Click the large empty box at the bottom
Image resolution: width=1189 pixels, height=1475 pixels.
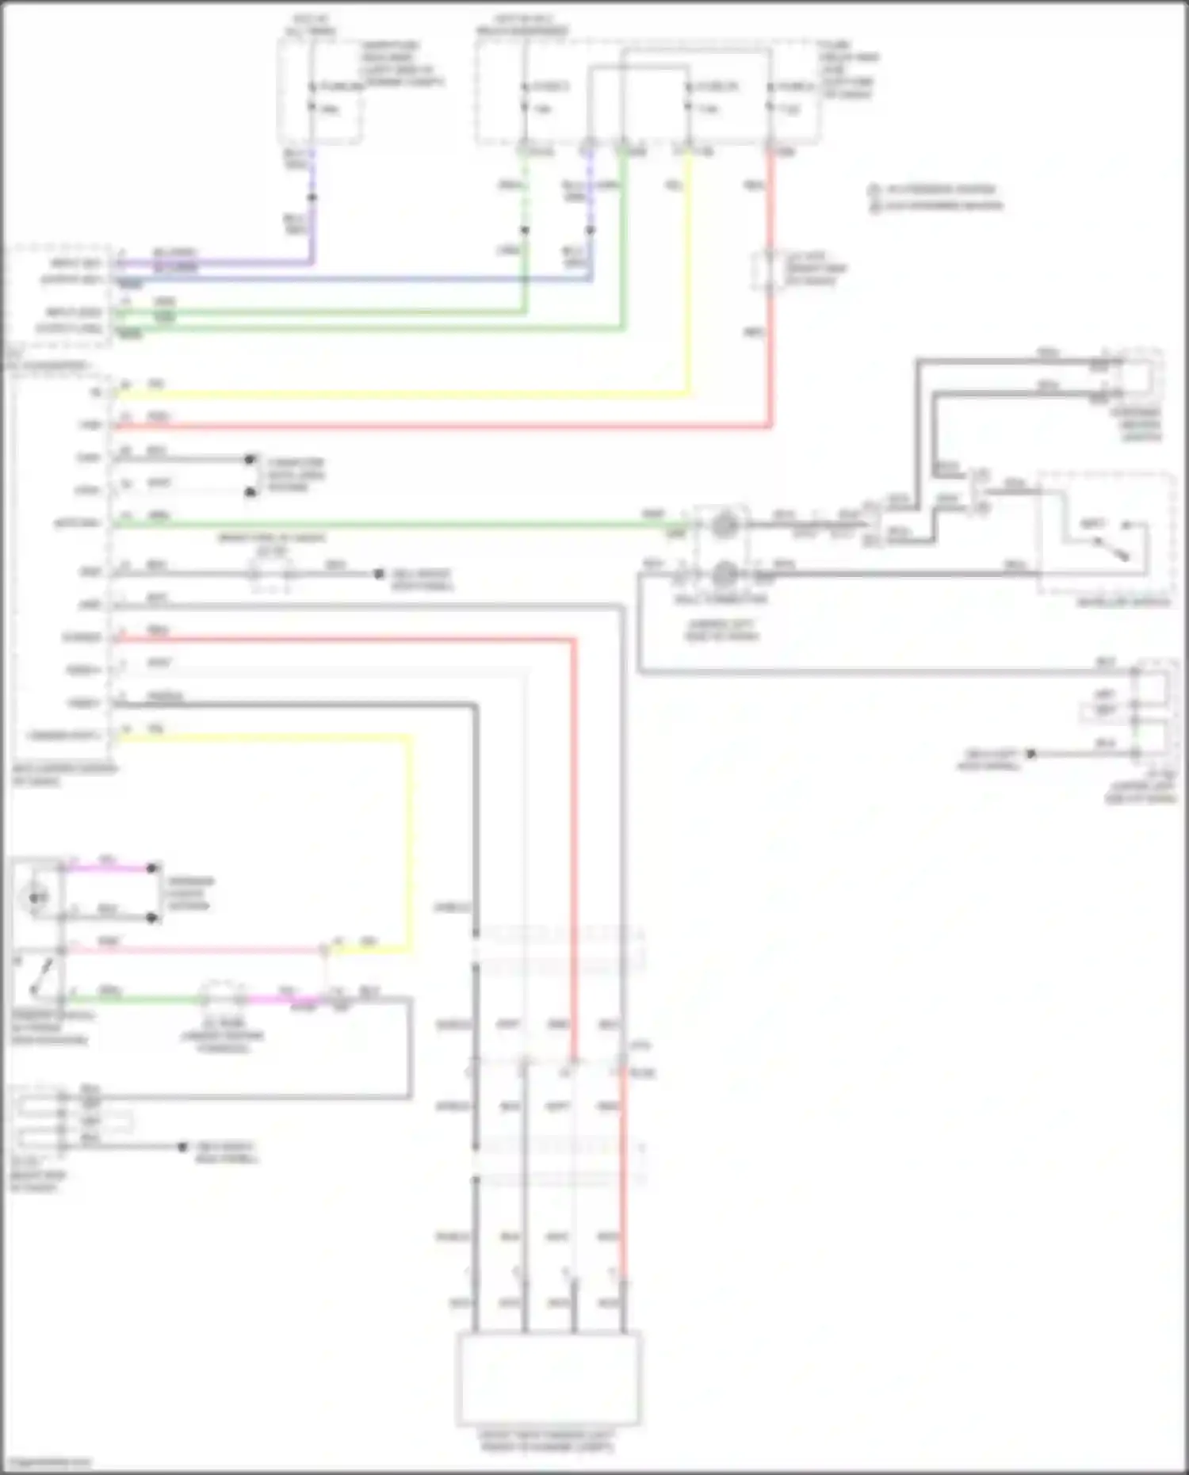pos(549,1379)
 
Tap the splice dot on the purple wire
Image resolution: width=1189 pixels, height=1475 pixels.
pos(312,197)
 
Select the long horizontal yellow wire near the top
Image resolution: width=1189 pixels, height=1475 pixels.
pos(396,393)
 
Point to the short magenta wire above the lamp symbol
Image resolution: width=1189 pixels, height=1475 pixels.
pos(111,868)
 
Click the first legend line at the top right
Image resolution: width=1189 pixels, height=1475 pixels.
pos(935,189)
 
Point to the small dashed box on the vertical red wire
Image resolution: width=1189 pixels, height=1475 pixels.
pos(769,271)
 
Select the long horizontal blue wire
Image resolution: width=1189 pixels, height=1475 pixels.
pos(357,279)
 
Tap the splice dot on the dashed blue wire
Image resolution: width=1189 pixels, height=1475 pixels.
pos(590,231)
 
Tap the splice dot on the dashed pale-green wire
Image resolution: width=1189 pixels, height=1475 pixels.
pos(524,231)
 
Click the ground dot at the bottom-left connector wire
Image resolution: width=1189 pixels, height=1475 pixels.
pos(182,1146)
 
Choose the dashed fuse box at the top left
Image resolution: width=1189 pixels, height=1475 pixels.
pos(319,91)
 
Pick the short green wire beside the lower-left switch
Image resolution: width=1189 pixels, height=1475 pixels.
pos(135,999)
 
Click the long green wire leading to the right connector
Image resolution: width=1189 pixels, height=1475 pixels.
pos(396,524)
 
